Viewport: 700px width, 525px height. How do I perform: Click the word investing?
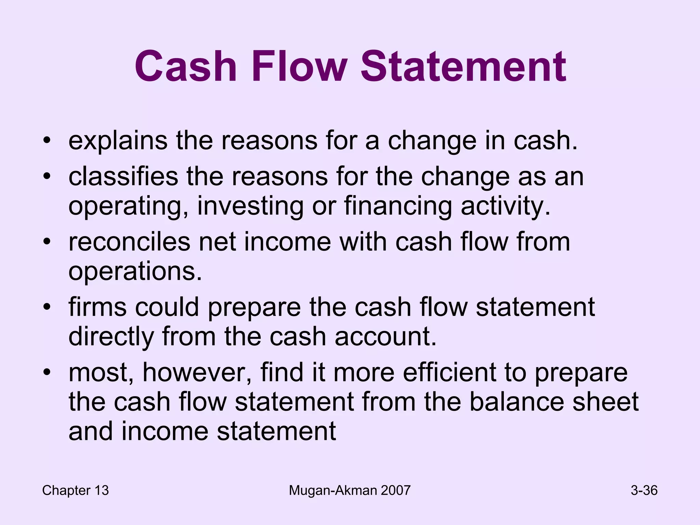(x=250, y=206)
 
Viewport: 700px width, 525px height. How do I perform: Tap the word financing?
(x=398, y=206)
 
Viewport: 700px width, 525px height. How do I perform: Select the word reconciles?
(x=129, y=242)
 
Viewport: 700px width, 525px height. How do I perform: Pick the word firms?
(x=97, y=307)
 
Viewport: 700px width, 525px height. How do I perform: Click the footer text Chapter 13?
(x=75, y=490)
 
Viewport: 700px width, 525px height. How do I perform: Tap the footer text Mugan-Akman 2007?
(x=349, y=490)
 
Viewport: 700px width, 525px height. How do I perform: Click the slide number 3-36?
(x=644, y=490)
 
